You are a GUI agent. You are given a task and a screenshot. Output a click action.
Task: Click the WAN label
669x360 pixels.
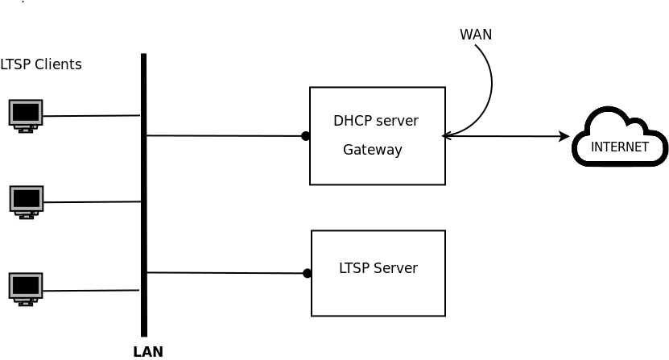[x=475, y=35]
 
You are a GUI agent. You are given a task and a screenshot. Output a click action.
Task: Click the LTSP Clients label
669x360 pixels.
[x=41, y=64]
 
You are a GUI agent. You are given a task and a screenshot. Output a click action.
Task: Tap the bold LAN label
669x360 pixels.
[x=148, y=351]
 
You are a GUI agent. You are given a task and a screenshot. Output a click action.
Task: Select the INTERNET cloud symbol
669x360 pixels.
[x=619, y=138]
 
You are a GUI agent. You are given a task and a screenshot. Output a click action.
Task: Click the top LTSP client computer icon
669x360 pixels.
[x=26, y=115]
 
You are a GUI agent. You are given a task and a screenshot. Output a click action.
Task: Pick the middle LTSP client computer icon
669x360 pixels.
[x=27, y=201]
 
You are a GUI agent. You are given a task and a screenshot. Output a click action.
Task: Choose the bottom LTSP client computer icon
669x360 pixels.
[x=26, y=288]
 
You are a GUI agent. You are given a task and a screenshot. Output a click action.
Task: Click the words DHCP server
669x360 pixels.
[x=375, y=121]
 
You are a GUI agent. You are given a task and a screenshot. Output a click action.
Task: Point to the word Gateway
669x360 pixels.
[x=372, y=150]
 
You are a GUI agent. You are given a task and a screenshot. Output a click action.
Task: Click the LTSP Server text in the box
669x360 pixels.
[x=378, y=268]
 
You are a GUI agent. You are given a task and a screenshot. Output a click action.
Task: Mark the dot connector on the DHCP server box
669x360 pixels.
[x=306, y=136]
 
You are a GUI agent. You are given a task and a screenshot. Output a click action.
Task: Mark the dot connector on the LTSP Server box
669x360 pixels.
[x=307, y=273]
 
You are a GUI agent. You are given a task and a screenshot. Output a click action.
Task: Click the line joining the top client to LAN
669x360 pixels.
[x=91, y=116]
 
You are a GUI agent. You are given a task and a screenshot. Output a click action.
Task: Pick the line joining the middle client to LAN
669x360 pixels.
[x=92, y=202]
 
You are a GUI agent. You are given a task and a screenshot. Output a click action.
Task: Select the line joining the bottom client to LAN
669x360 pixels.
[x=91, y=290]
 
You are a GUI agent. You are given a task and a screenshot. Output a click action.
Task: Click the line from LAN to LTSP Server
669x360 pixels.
[x=225, y=273]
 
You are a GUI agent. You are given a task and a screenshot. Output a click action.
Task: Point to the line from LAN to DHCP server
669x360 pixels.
[x=225, y=135]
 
